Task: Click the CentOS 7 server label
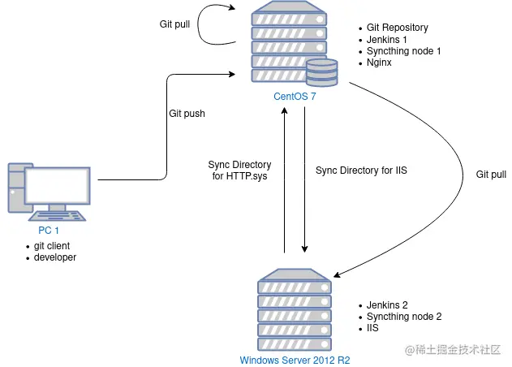295,97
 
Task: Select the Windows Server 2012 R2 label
295,361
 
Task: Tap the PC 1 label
49,231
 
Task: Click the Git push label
187,114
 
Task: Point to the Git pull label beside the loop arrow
174,24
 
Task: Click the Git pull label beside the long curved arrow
491,175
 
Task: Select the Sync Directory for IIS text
361,171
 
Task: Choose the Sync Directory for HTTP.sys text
239,171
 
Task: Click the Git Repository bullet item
398,28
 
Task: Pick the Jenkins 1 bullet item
387,40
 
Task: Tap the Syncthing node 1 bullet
403,51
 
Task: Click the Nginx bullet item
379,63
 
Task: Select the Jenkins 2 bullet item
387,305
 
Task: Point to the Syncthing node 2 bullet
404,317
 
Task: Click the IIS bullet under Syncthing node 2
372,328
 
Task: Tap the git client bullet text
52,246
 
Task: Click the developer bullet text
55,257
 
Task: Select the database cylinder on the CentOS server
322,72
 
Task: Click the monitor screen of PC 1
58,186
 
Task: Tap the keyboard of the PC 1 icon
58,216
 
